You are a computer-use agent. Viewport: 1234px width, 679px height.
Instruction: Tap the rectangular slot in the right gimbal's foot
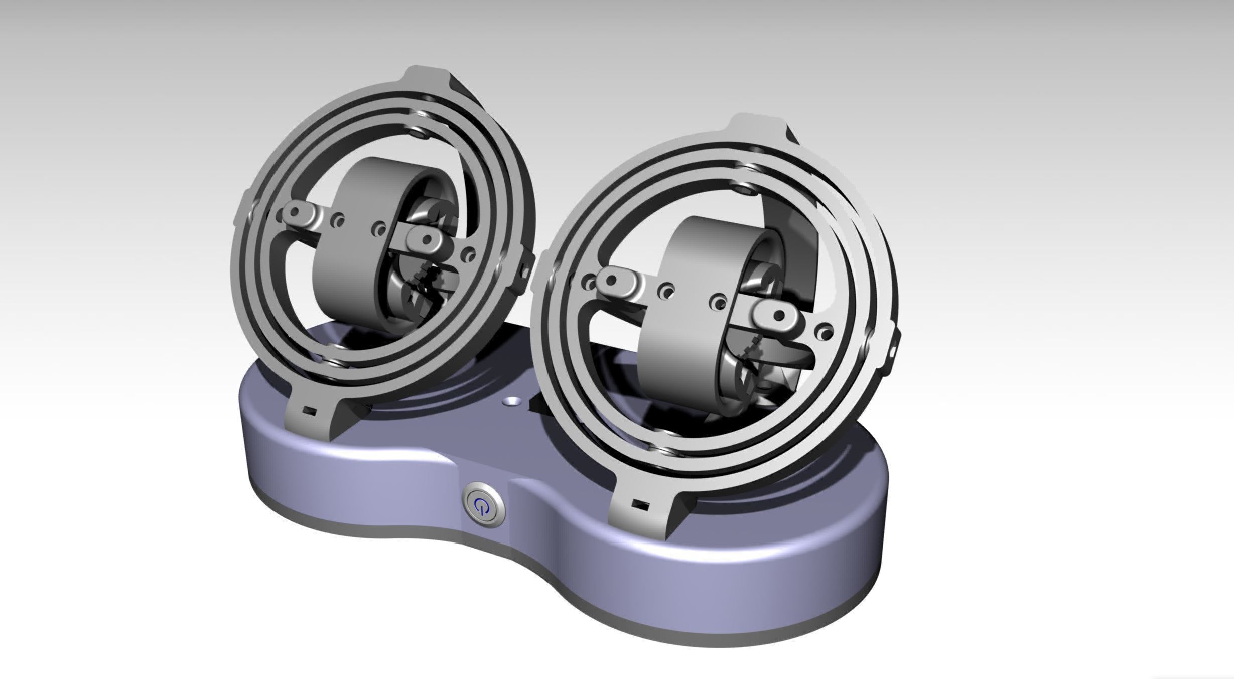[x=639, y=504]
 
